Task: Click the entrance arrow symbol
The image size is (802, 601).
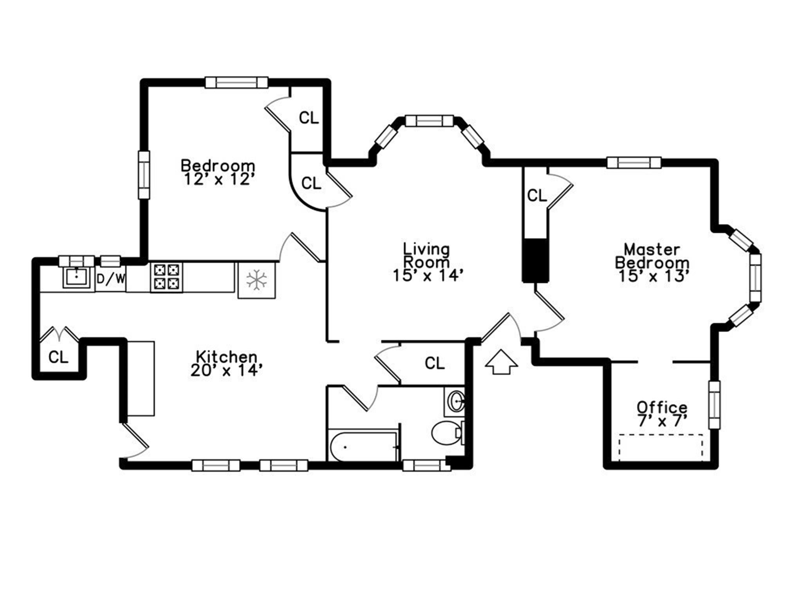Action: coord(501,363)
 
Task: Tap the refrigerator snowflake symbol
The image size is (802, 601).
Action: coord(256,280)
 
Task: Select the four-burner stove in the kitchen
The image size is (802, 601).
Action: coord(166,277)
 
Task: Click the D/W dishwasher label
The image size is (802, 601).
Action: coord(111,279)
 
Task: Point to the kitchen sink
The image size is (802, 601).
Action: coord(76,277)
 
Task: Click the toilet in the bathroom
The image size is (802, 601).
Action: coord(446,433)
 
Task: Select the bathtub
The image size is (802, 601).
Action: coord(362,446)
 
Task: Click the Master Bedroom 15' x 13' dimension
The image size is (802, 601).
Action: coord(653,276)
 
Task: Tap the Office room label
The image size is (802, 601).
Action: coord(662,407)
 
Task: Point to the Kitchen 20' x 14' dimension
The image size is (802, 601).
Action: coord(226,370)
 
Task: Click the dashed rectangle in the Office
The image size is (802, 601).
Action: coord(661,447)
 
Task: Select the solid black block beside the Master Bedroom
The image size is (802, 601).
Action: coord(536,260)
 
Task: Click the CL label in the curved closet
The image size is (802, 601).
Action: coord(311,183)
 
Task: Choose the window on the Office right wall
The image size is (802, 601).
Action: coord(714,405)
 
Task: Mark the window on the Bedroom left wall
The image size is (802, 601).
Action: coord(144,175)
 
